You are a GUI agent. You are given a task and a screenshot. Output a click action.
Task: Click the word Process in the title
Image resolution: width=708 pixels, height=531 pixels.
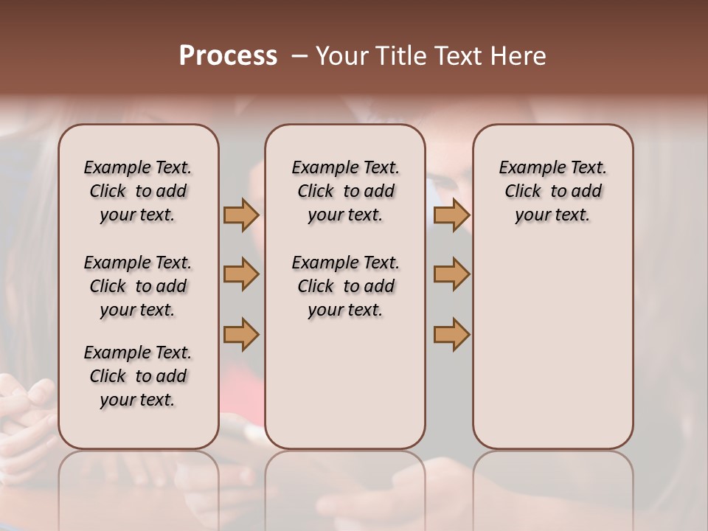tap(228, 56)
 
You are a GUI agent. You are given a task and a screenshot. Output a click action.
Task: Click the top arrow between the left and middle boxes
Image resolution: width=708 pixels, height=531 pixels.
tap(241, 215)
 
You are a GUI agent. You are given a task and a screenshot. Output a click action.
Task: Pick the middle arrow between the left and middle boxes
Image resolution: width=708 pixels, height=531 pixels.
tap(241, 274)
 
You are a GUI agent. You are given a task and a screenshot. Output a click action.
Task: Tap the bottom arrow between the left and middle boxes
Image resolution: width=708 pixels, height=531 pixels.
tap(241, 335)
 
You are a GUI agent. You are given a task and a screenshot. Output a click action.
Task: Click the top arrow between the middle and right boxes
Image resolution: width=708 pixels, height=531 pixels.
tap(451, 215)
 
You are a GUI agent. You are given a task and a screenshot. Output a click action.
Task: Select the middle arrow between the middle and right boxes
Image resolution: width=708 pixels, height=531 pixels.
tap(451, 274)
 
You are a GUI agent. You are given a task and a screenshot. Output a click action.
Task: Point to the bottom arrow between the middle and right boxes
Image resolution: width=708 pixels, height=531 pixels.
tap(451, 335)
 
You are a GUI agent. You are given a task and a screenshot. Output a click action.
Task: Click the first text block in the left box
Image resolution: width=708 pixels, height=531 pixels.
tap(138, 191)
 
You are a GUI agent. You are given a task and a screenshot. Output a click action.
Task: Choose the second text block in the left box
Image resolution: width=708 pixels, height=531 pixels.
tap(138, 286)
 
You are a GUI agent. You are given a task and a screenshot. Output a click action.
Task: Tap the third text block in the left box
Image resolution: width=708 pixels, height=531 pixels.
tap(138, 376)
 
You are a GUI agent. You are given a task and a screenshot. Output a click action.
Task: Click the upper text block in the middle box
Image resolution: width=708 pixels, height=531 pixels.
tap(345, 191)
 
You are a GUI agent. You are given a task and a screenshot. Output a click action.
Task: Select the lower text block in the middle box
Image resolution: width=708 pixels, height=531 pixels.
tap(345, 286)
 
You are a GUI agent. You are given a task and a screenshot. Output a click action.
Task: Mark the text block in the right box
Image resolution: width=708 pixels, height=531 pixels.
tap(553, 191)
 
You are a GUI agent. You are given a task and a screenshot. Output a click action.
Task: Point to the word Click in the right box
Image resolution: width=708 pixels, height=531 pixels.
tap(523, 192)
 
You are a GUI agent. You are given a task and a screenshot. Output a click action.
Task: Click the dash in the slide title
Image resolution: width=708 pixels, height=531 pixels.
tap(299, 56)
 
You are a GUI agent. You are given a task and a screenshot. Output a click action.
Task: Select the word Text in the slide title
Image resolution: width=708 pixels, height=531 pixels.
tap(461, 56)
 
